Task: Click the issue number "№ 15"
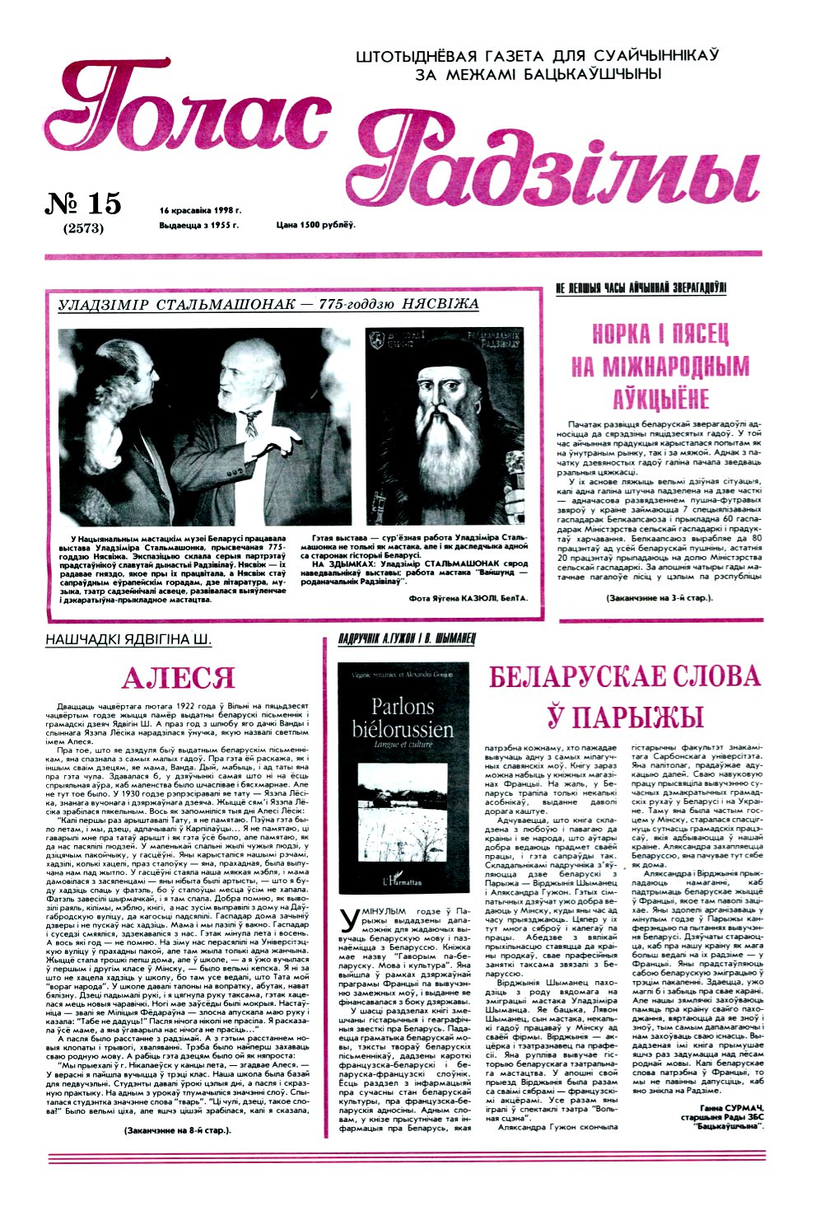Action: [x=83, y=203]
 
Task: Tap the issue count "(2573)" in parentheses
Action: [x=83, y=228]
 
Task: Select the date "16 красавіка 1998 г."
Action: [x=200, y=210]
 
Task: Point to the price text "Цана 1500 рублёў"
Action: [x=315, y=224]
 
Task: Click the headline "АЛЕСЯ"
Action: [x=178, y=678]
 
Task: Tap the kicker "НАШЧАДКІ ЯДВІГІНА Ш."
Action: [x=128, y=640]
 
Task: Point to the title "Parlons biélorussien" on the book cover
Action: [x=402, y=718]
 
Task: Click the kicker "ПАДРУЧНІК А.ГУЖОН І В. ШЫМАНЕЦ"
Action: [x=407, y=639]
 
